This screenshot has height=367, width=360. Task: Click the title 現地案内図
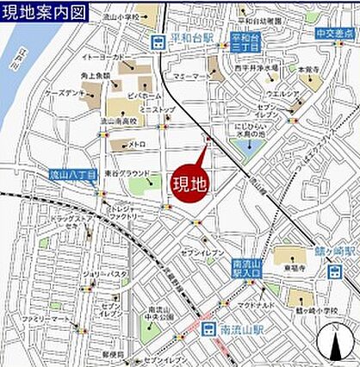pos(43,11)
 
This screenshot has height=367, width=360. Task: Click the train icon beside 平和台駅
pos(158,41)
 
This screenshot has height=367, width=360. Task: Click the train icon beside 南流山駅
pos(207,328)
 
